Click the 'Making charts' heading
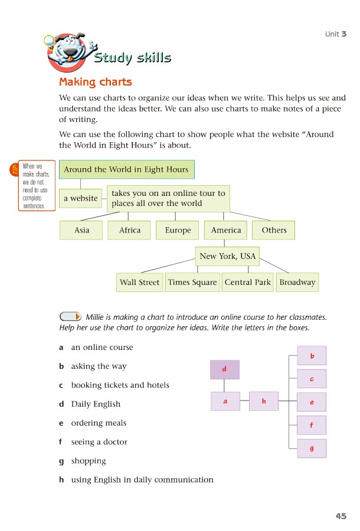(96, 82)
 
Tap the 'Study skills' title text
(132, 57)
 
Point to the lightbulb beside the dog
(50, 42)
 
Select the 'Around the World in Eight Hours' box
(127, 169)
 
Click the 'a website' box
(81, 198)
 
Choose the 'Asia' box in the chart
(81, 230)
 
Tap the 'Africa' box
(129, 230)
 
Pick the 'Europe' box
(178, 230)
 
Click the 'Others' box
(274, 230)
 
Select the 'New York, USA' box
(227, 256)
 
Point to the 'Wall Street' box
(139, 283)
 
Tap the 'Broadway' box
(297, 283)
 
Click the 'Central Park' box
(247, 283)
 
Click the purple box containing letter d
(225, 369)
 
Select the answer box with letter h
(264, 401)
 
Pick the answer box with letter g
(312, 448)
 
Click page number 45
(341, 516)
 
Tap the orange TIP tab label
(14, 169)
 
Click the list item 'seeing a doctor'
(99, 442)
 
